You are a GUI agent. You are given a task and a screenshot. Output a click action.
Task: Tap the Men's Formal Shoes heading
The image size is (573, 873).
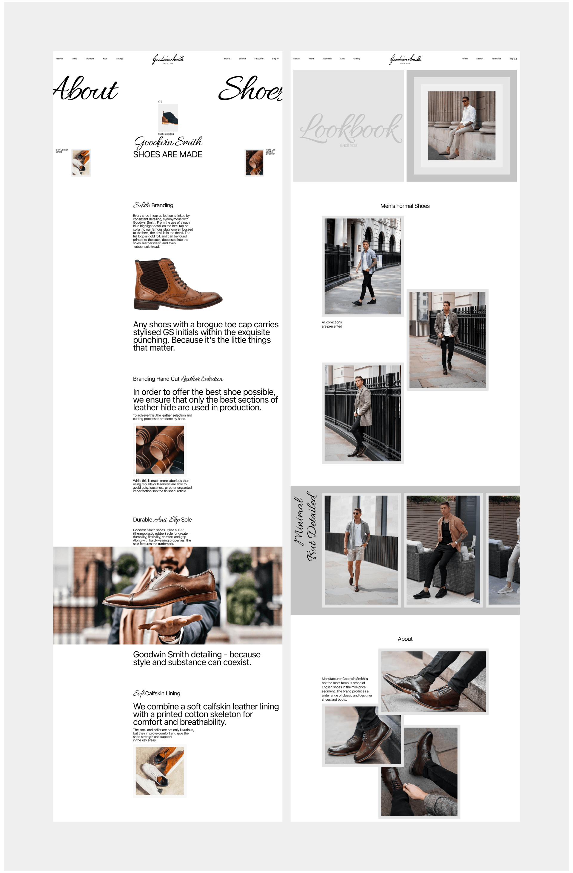[x=405, y=206]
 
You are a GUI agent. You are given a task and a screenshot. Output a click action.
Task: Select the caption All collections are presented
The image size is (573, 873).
[x=332, y=324]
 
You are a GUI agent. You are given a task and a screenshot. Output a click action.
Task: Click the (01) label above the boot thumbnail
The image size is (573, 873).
[x=160, y=102]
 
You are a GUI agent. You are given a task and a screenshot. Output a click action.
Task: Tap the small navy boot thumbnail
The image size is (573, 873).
[x=168, y=117]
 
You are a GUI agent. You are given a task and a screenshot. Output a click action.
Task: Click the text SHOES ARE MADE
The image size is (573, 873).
[x=167, y=154]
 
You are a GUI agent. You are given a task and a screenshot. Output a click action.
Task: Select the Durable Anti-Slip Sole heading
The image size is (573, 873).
[x=162, y=520]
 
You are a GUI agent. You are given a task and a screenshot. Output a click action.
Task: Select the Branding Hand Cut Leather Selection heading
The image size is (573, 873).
[x=178, y=379]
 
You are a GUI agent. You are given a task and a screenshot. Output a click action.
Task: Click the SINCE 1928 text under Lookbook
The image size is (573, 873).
[x=348, y=146]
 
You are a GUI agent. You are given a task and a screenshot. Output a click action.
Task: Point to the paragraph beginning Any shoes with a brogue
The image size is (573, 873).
[x=205, y=336]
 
